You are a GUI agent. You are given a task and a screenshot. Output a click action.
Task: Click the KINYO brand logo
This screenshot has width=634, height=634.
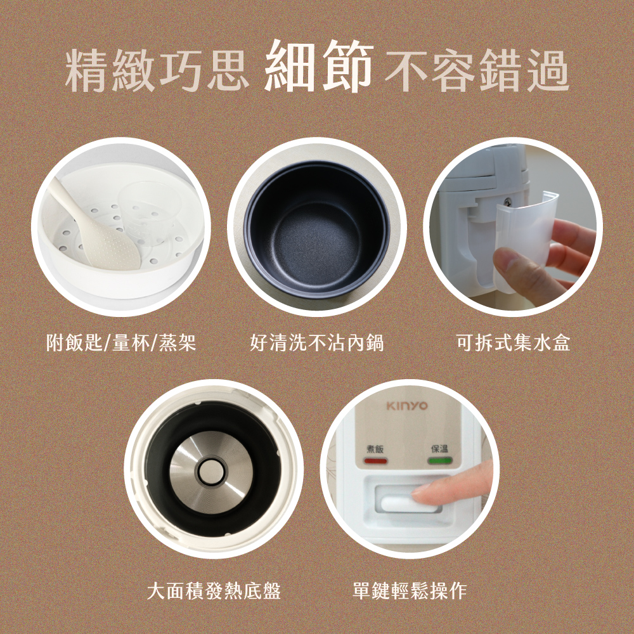(407, 406)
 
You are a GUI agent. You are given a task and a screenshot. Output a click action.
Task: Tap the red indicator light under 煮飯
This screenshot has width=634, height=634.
(375, 460)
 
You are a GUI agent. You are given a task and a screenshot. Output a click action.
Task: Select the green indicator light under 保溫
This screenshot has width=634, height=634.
(439, 460)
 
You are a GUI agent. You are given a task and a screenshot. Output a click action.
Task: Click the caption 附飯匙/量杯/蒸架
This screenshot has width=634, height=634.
(121, 343)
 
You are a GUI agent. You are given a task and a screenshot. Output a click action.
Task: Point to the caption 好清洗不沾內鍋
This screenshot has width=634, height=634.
(316, 343)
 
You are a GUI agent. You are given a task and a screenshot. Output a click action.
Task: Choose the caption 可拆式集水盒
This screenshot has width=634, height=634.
(513, 343)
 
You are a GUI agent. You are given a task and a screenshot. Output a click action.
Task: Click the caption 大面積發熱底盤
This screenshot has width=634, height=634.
(214, 591)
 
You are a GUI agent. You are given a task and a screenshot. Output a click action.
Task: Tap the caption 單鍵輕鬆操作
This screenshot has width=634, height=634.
(410, 591)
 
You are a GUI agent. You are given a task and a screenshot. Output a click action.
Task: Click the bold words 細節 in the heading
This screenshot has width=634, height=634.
(319, 67)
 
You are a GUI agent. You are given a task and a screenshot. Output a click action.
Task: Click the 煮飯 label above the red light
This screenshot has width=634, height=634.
(375, 449)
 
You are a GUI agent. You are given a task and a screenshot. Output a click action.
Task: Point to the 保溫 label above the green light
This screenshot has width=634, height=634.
(439, 449)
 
